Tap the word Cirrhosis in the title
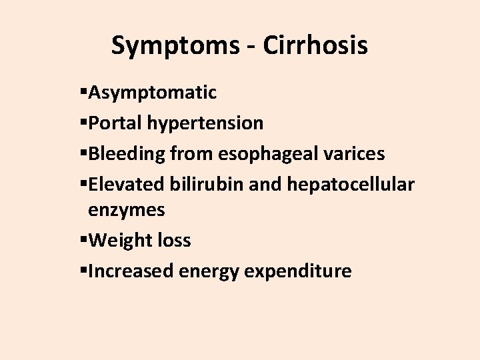pos(315,46)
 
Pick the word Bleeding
pos(127,154)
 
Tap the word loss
pos(173,241)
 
